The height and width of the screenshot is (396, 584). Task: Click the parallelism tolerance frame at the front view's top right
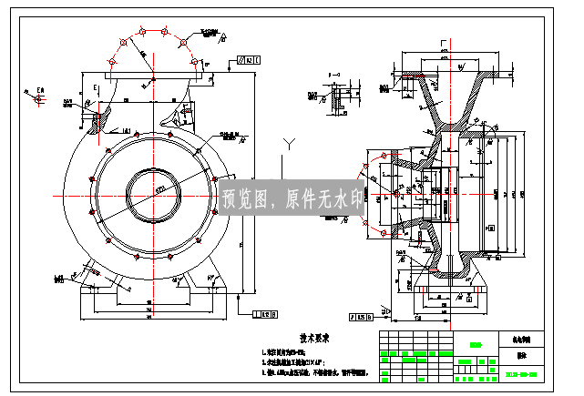coord(249,60)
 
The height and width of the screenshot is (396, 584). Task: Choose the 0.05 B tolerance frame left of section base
coord(361,317)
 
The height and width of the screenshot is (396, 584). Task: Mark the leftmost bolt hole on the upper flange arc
coord(111,62)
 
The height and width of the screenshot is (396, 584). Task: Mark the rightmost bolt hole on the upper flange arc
coord(194,62)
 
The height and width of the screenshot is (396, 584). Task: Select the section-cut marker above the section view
coord(445,43)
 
